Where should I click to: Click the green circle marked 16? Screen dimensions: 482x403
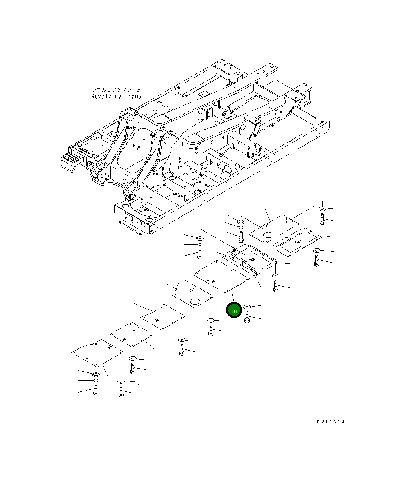pos(234,310)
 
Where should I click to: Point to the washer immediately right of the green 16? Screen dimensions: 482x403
pos(247,307)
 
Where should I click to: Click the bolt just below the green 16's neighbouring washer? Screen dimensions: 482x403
pos(247,317)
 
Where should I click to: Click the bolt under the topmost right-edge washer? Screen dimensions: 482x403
pos(322,219)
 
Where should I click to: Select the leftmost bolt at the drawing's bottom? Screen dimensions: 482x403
pos(95,390)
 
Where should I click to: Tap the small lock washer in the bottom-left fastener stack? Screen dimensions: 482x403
pos(96,381)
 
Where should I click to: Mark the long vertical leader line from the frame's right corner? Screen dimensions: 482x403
pos(316,188)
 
